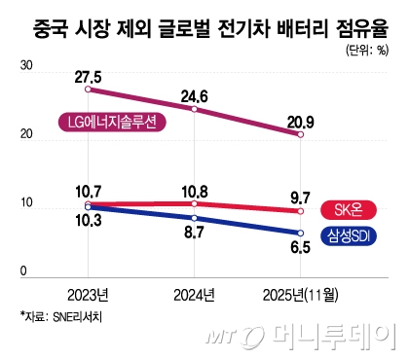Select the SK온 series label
(x=348, y=209)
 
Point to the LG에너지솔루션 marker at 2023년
(x=89, y=90)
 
